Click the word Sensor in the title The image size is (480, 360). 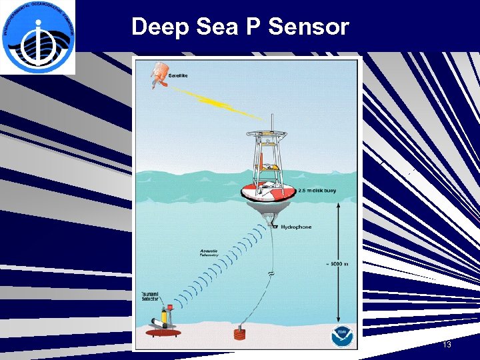312,27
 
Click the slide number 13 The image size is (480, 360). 447,345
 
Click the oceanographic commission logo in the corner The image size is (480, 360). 38,37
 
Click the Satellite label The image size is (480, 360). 177,75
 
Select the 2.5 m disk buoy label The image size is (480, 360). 317,191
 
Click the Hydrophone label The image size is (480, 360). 295,227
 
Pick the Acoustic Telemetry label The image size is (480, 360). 213,254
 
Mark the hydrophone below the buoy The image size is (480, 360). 274,227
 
